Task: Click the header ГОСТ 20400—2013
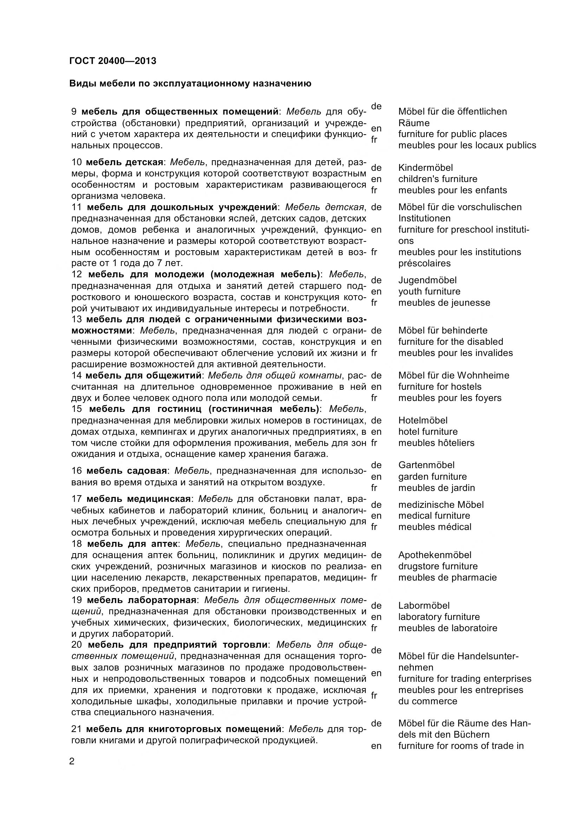tap(113, 61)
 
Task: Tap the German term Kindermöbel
tap(425, 168)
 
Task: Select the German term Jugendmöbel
tap(427, 280)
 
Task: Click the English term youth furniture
tap(429, 291)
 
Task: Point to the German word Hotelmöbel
tap(423, 420)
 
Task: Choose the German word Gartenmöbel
tap(426, 465)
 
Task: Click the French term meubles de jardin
tap(437, 488)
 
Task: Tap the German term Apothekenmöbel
tap(435, 555)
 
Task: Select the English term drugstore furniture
tap(438, 566)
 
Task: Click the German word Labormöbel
tap(424, 606)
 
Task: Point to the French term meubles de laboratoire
tap(448, 628)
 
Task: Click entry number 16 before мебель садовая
tap(77, 471)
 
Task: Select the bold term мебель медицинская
tap(138, 499)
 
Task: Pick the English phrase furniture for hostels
tap(440, 387)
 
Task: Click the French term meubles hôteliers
tap(436, 443)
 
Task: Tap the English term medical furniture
tap(434, 516)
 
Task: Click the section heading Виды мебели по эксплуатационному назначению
tap(190, 83)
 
